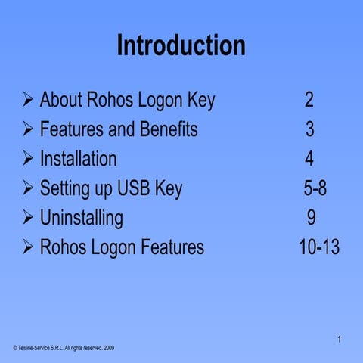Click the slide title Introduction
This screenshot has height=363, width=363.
[x=181, y=45]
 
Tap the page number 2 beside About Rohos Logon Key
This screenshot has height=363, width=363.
[x=309, y=100]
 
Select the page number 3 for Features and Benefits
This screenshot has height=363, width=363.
[x=310, y=129]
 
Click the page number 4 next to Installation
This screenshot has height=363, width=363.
[x=309, y=159]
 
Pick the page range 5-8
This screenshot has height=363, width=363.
[x=310, y=188]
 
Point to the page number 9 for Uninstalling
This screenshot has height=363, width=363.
[x=311, y=218]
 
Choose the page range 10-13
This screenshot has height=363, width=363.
[x=319, y=247]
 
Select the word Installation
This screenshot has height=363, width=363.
[x=78, y=159]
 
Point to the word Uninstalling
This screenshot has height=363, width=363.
[x=81, y=218]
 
